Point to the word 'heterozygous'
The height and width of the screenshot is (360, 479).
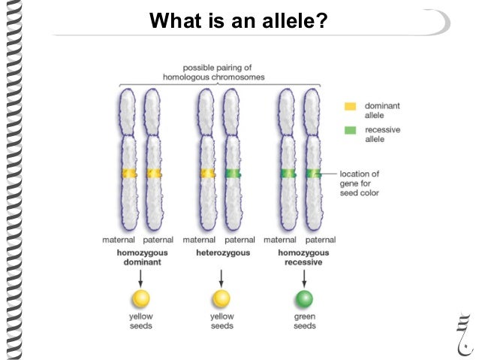[x=223, y=253]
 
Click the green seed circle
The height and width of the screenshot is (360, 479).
[x=304, y=299]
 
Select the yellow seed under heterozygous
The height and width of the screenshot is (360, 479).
[x=221, y=299]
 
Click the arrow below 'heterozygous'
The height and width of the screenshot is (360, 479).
[x=221, y=276]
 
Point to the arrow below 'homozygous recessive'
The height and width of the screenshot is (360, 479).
[x=304, y=276]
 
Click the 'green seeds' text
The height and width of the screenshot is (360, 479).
[x=304, y=322]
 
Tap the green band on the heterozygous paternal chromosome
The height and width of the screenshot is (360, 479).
[x=233, y=174]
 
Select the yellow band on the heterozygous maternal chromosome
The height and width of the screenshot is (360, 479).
[x=206, y=174]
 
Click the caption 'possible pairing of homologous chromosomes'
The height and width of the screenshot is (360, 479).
[x=219, y=72]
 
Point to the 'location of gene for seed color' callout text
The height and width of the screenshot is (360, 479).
[x=360, y=183]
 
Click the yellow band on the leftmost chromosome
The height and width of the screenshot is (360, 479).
[x=128, y=174]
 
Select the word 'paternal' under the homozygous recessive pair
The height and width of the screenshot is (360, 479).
[x=321, y=240]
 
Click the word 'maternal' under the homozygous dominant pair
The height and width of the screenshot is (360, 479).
[x=119, y=240]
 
